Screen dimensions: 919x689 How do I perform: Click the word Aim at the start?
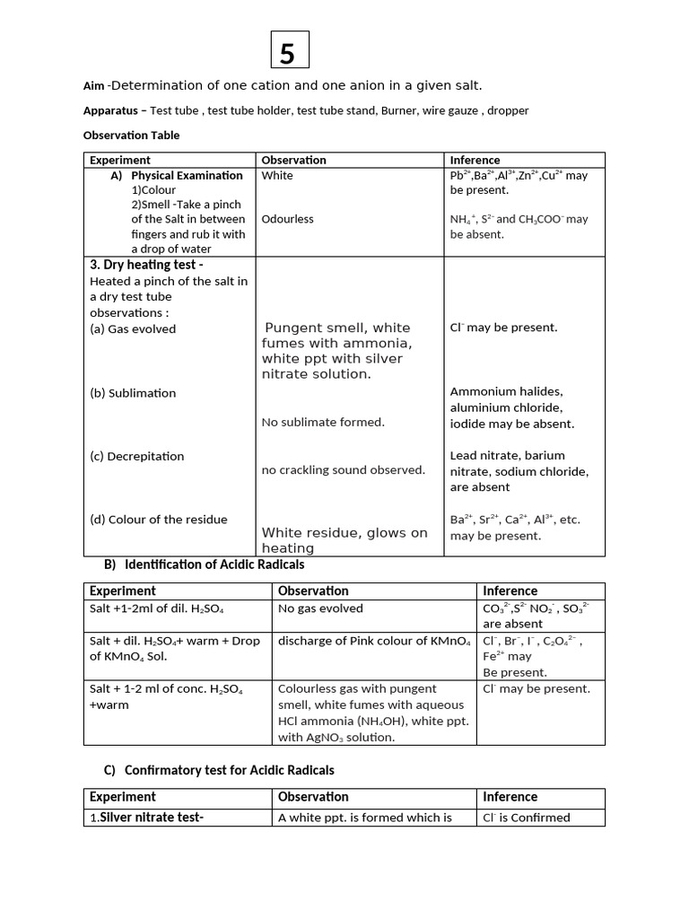pyautogui.click(x=93, y=86)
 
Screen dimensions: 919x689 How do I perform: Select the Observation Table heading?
pyautogui.click(x=131, y=136)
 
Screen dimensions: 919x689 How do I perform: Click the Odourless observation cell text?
pyautogui.click(x=287, y=219)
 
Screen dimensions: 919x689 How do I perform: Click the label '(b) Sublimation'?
pyautogui.click(x=133, y=393)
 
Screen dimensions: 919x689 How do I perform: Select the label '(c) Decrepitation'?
pyautogui.click(x=136, y=456)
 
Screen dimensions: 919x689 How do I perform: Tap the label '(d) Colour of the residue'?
pyautogui.click(x=158, y=520)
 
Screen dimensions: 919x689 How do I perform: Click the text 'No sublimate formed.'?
pyautogui.click(x=323, y=422)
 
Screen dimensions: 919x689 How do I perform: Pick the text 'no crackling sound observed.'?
pyautogui.click(x=343, y=469)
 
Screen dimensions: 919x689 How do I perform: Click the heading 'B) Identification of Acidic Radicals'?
pyautogui.click(x=205, y=565)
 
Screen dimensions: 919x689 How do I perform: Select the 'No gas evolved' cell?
pyautogui.click(x=320, y=608)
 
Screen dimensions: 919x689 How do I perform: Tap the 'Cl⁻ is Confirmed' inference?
pyautogui.click(x=526, y=818)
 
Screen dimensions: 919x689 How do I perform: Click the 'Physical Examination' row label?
pyautogui.click(x=186, y=175)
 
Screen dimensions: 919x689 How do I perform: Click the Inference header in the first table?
pyautogui.click(x=475, y=160)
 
